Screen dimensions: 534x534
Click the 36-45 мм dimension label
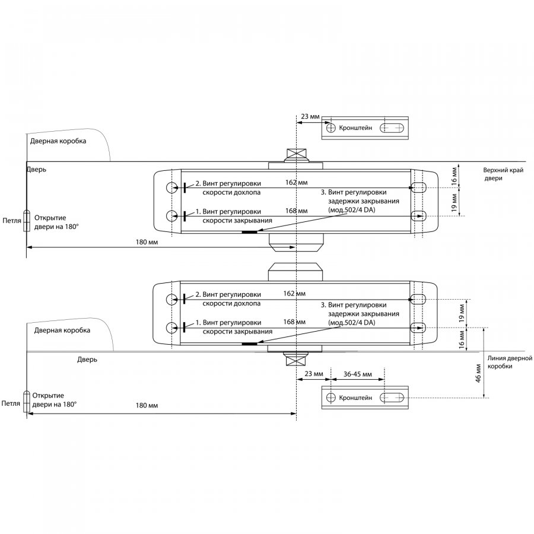(358, 374)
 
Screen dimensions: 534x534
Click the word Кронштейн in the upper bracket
(356, 128)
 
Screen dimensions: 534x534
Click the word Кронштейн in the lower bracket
(356, 398)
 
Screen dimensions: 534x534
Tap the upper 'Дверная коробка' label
(58, 141)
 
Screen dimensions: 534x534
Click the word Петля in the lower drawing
(11, 403)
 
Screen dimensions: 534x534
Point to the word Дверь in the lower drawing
(87, 360)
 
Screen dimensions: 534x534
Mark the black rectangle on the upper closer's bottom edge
(250, 232)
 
